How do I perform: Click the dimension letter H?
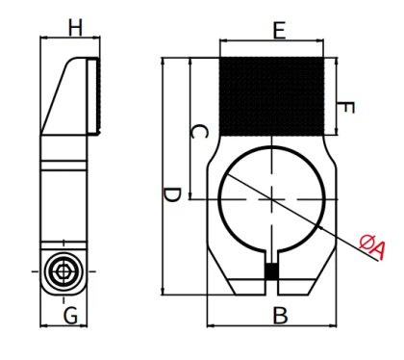75,28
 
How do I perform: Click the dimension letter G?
70,316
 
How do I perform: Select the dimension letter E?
279,31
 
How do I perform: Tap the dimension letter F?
345,108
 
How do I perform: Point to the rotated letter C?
199,132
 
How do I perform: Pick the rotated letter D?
172,195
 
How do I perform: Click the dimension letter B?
280,316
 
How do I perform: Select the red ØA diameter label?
372,246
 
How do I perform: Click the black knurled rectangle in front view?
271,96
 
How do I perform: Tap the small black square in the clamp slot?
271,270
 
